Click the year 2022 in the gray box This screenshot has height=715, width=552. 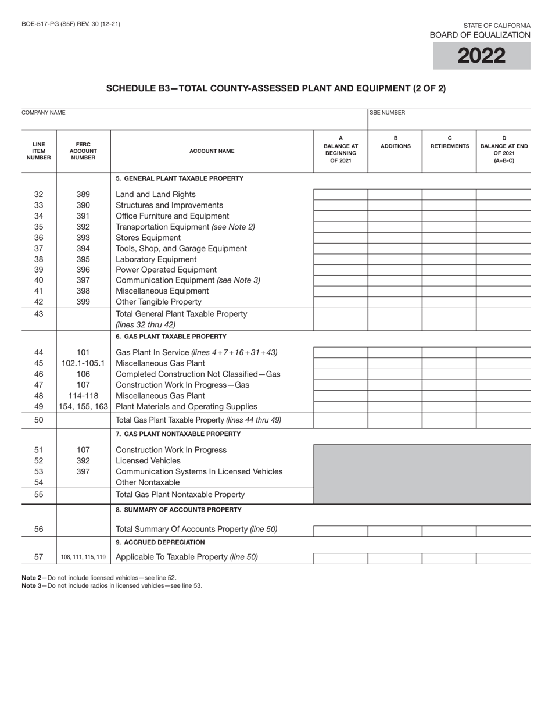[481, 56]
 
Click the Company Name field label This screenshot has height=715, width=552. [44, 112]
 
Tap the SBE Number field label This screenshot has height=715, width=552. [388, 113]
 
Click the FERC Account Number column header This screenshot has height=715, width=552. [83, 151]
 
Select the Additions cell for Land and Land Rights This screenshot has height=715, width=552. [395, 194]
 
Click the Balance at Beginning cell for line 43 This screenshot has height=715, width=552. [340, 319]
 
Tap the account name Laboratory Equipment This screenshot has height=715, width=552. [156, 259]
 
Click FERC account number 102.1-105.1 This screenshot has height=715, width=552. [83, 363]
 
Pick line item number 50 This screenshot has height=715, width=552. [39, 420]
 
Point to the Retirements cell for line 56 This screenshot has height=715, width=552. [449, 530]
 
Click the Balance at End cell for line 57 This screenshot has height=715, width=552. [503, 558]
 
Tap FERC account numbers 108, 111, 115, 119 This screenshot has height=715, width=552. [83, 557]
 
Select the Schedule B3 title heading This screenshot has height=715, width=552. [276, 88]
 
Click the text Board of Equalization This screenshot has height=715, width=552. [480, 35]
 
